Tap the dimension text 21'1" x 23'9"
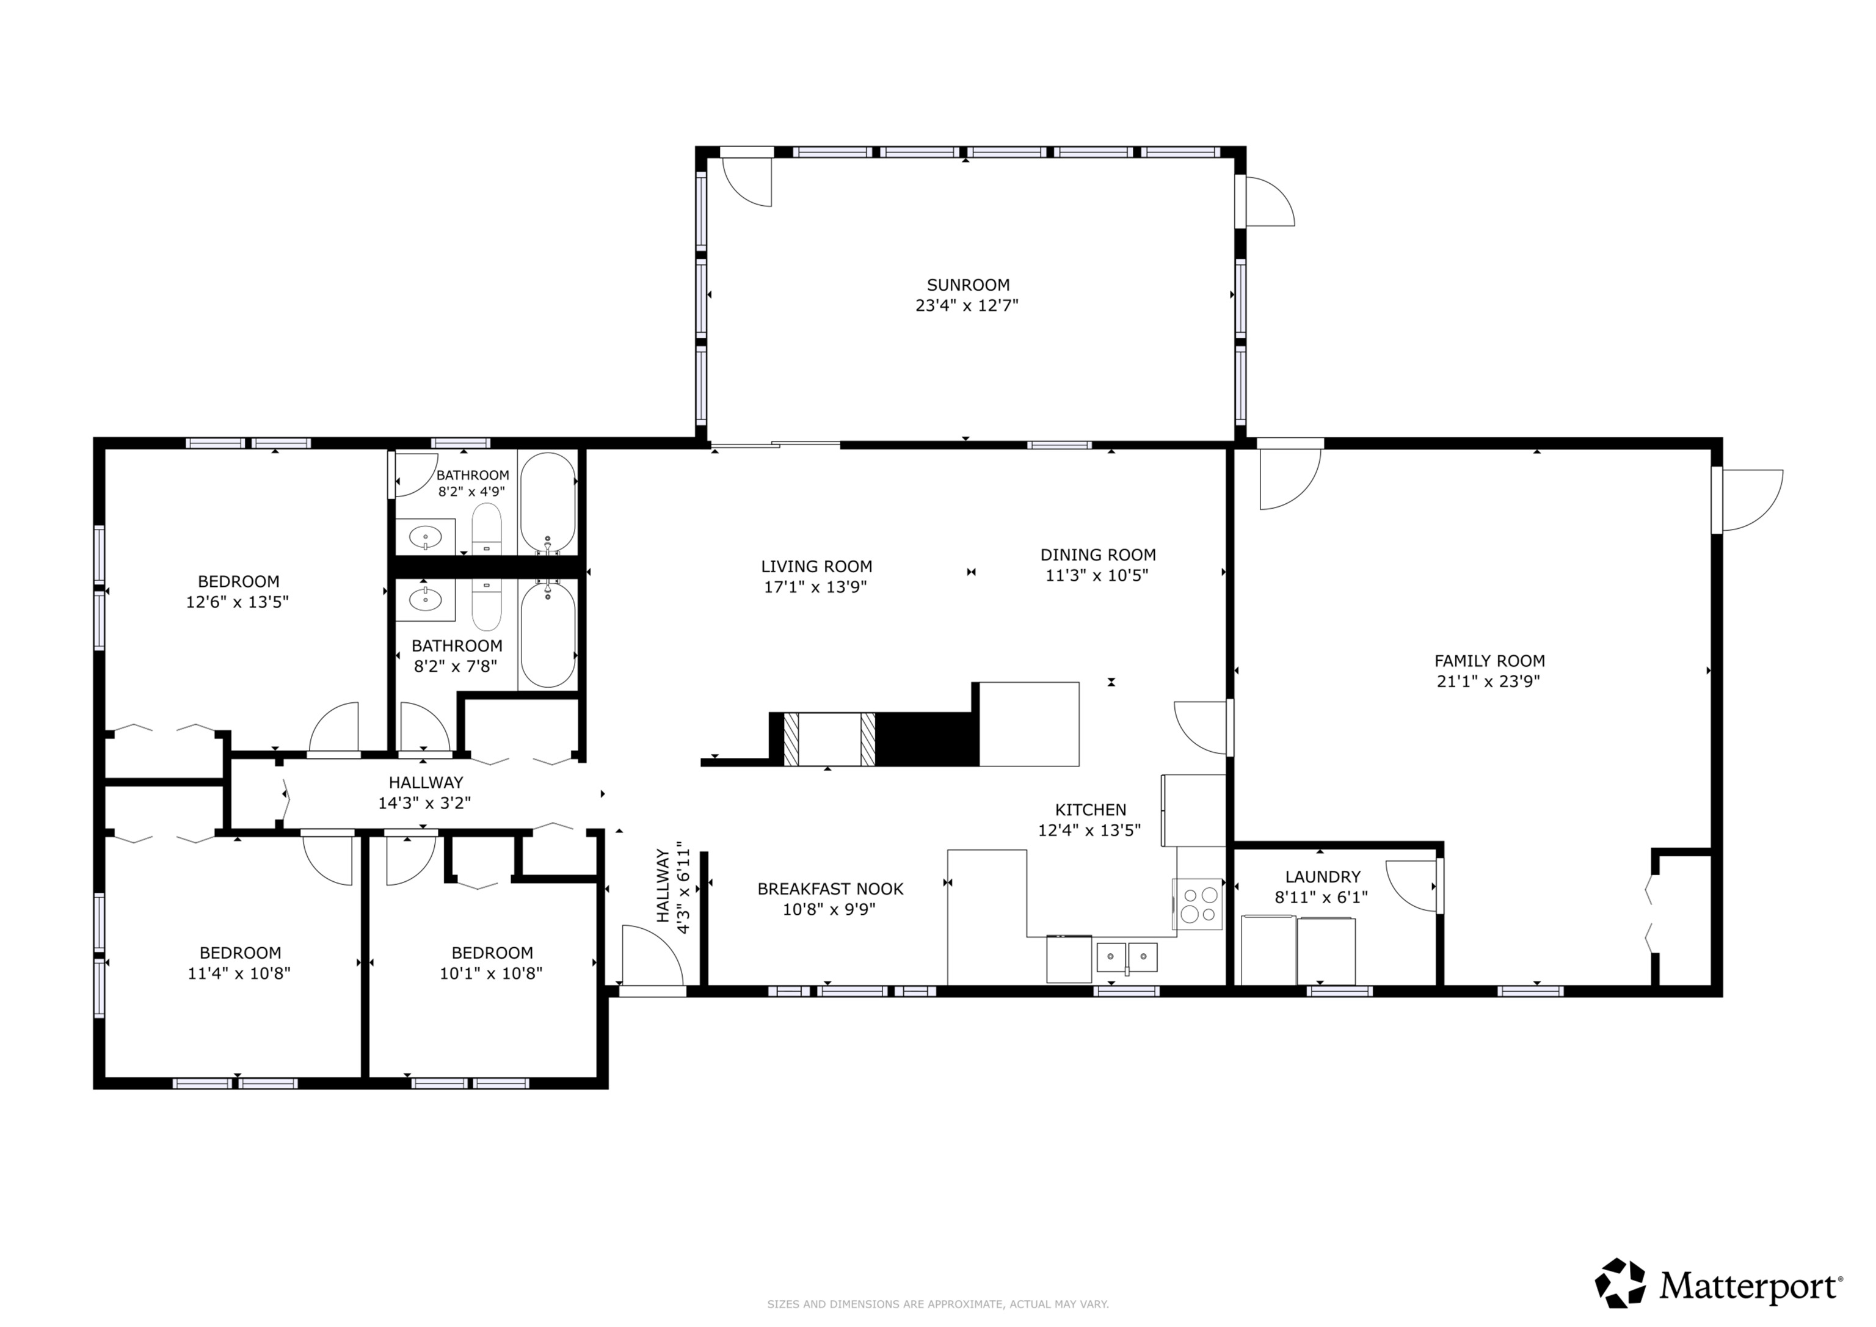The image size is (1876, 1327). [x=1489, y=682]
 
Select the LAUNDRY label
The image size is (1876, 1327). [x=1322, y=877]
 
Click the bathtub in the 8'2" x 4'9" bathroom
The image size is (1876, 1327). [x=548, y=503]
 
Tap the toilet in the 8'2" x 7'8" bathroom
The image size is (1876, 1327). [x=487, y=605]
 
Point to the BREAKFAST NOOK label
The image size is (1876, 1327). [x=830, y=889]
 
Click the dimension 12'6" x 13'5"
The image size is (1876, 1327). [x=238, y=602]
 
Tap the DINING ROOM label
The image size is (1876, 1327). [x=1097, y=555]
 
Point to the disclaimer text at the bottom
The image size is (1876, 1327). [x=937, y=1304]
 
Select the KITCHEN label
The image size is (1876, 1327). [x=1090, y=810]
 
